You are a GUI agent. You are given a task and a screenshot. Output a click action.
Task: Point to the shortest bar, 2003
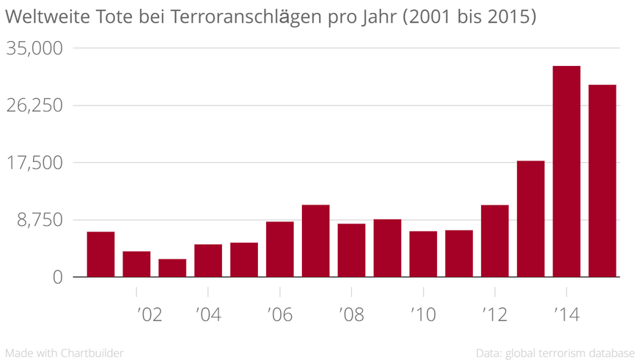click(x=172, y=268)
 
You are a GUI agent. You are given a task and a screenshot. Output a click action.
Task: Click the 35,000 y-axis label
click(x=34, y=48)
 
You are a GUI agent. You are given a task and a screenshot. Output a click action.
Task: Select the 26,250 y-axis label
click(x=34, y=106)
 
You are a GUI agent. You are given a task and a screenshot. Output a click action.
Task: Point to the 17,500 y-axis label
click(x=34, y=163)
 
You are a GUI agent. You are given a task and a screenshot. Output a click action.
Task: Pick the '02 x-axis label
click(x=150, y=315)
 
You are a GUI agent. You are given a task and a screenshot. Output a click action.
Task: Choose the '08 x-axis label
click(x=351, y=315)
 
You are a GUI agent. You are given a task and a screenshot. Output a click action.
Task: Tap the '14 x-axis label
click(x=566, y=315)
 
